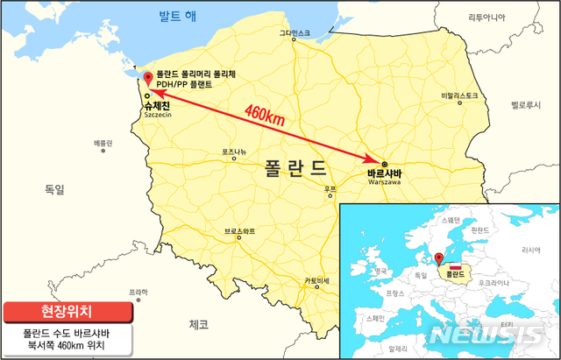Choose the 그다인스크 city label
click(294, 33)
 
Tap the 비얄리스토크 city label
click(459, 95)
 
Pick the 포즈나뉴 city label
click(239, 152)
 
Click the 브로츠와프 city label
click(240, 231)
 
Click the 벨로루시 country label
click(529, 102)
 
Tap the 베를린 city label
click(103, 142)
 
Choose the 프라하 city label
click(137, 292)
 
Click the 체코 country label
click(198, 325)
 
